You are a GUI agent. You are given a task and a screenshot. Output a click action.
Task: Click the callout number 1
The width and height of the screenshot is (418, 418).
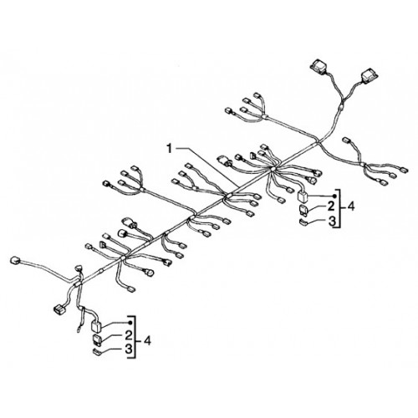[170, 149]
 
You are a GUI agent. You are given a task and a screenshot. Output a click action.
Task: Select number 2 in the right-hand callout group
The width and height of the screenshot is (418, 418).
[331, 206]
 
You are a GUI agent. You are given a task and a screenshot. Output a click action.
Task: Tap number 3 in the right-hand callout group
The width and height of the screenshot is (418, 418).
[332, 222]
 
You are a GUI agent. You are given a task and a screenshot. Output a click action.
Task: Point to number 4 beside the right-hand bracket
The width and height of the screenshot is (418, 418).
[351, 206]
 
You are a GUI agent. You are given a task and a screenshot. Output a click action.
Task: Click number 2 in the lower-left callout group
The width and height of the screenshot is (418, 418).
[128, 335]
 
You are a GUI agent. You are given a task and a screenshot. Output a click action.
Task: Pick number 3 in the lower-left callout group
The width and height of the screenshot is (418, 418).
[129, 349]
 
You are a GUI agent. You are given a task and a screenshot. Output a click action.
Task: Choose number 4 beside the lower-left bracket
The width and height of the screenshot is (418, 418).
[147, 340]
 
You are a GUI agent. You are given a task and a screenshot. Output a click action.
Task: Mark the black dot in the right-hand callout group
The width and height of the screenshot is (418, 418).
[334, 196]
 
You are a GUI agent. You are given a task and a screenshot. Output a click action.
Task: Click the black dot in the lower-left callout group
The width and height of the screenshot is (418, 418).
[130, 323]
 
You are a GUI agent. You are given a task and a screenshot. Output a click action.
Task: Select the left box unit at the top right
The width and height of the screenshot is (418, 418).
[319, 66]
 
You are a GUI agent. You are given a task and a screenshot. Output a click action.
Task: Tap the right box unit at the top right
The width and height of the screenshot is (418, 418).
[370, 76]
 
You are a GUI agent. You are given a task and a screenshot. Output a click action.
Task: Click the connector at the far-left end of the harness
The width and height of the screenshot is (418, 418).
[14, 261]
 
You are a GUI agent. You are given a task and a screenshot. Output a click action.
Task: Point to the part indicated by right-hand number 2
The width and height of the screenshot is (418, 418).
[303, 209]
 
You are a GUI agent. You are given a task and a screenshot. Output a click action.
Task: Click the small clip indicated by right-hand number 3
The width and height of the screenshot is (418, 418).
[303, 222]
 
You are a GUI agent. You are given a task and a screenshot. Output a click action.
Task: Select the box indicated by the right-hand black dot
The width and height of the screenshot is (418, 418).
[302, 196]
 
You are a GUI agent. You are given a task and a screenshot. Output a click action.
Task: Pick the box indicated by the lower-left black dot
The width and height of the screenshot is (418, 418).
[96, 326]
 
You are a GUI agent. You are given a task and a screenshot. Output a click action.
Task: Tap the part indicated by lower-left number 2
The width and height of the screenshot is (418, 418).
[97, 339]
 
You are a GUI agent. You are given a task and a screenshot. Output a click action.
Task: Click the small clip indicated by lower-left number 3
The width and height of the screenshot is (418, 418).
[97, 352]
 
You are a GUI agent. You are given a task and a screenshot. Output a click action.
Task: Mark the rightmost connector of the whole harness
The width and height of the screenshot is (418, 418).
[404, 170]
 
